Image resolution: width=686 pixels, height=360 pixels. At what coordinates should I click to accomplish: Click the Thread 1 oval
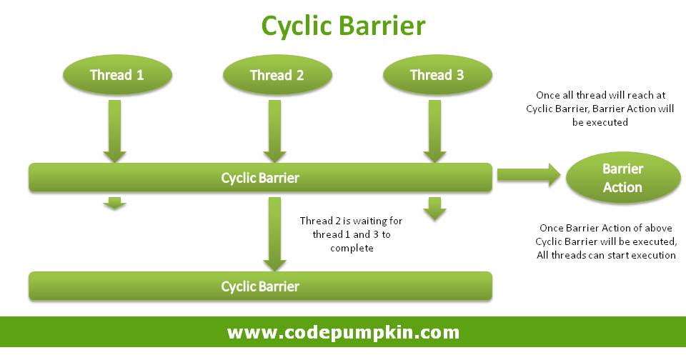tap(117, 75)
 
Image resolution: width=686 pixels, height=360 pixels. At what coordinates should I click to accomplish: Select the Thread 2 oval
tap(277, 75)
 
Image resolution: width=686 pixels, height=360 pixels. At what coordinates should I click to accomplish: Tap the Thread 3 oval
tap(437, 75)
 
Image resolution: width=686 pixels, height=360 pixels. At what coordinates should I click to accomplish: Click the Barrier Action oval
tap(623, 178)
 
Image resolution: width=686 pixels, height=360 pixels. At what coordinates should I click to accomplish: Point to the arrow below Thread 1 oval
tap(114, 131)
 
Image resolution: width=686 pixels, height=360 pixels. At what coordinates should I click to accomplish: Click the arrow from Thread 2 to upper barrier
tap(274, 131)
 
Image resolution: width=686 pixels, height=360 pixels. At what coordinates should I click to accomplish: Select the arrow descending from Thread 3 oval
tap(435, 131)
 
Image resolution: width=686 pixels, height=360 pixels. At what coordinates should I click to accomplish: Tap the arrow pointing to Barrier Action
tap(529, 175)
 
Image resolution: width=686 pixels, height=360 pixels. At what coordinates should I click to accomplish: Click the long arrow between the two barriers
tap(274, 234)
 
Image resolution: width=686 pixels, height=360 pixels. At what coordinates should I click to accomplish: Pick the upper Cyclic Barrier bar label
tap(260, 178)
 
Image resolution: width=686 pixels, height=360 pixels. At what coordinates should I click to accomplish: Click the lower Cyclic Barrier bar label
tap(260, 286)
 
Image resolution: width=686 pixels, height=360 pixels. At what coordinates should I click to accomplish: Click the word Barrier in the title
tap(382, 25)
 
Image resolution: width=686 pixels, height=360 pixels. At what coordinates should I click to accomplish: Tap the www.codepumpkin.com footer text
tap(344, 332)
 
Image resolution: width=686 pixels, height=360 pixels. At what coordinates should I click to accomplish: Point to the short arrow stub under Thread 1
tap(114, 204)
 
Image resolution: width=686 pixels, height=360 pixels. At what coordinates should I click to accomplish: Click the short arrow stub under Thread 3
tap(435, 209)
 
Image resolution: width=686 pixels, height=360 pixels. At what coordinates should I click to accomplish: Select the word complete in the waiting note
tap(352, 249)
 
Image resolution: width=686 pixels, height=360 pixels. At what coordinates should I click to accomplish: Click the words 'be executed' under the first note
tap(600, 122)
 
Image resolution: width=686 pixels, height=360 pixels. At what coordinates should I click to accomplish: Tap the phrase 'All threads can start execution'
tap(606, 255)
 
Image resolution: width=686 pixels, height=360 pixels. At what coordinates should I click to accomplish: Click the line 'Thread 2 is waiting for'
tap(351, 221)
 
